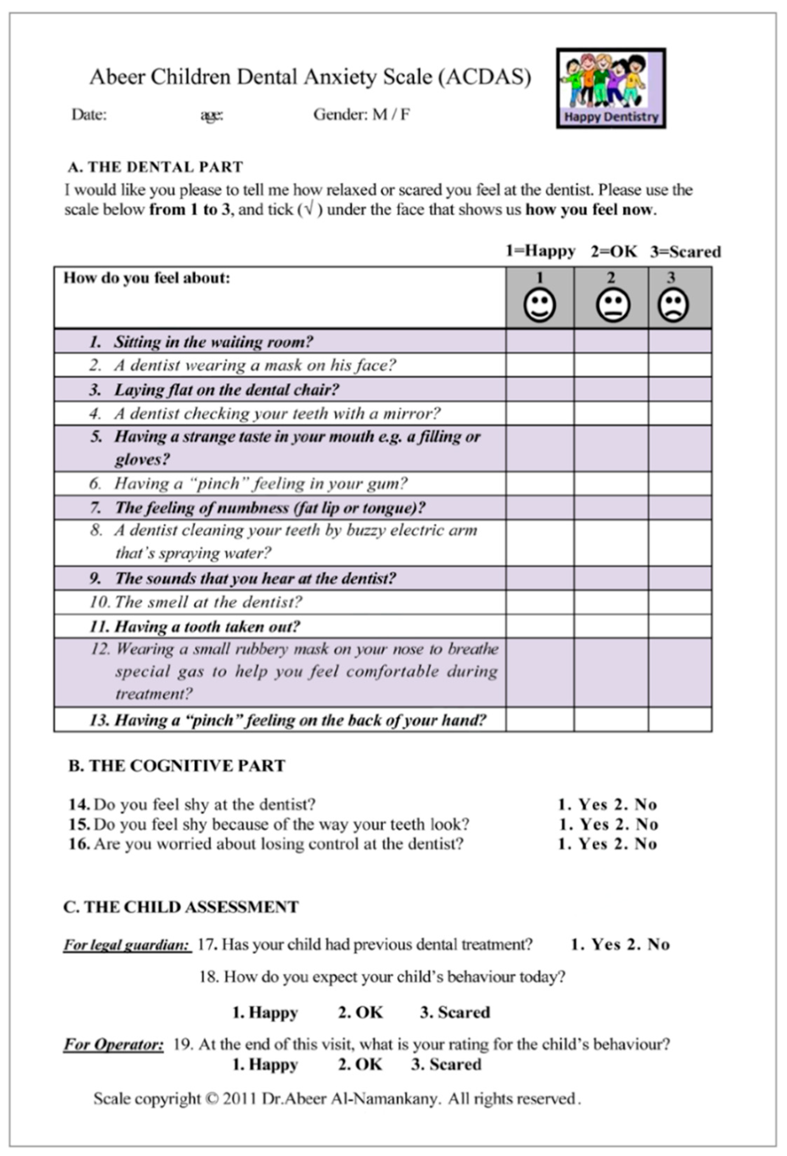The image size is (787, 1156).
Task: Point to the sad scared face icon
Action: [673, 305]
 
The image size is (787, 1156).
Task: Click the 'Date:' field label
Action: [89, 115]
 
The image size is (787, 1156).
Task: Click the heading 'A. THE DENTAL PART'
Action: [156, 167]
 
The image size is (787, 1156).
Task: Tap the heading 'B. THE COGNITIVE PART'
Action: [177, 766]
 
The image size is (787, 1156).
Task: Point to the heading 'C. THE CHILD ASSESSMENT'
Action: [181, 907]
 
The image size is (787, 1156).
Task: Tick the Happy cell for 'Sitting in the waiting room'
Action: [539, 341]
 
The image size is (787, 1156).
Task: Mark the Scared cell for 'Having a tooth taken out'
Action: [679, 626]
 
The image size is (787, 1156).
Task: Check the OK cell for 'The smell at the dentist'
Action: [611, 603]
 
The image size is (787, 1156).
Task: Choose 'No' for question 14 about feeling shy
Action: [645, 804]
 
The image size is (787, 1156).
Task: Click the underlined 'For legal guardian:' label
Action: [126, 945]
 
